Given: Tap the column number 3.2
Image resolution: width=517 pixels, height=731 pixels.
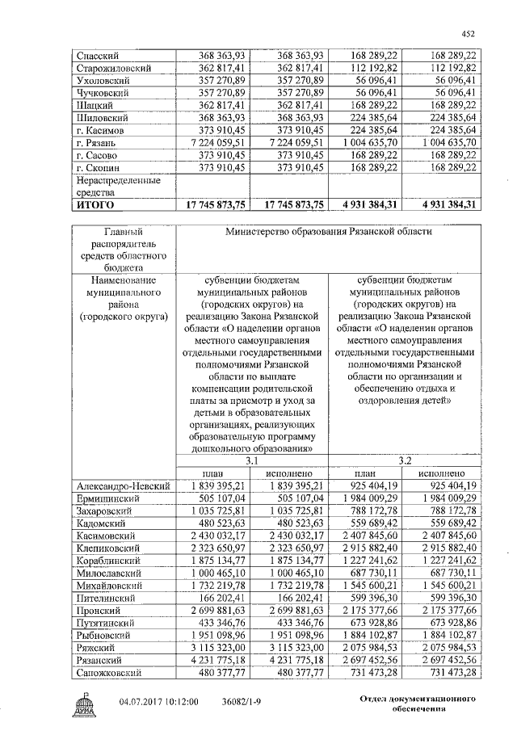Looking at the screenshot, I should click(404, 460).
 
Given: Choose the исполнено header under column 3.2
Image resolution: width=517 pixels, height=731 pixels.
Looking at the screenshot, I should click(442, 473).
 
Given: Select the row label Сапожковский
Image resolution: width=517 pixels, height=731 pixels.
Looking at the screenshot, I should click(109, 672).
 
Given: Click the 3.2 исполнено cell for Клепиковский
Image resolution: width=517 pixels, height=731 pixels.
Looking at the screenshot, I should click(442, 548).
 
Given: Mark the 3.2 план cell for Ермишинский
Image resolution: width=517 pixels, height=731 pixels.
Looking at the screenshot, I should click(367, 498).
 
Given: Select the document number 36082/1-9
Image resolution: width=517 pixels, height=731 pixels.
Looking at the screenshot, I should click(246, 704).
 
